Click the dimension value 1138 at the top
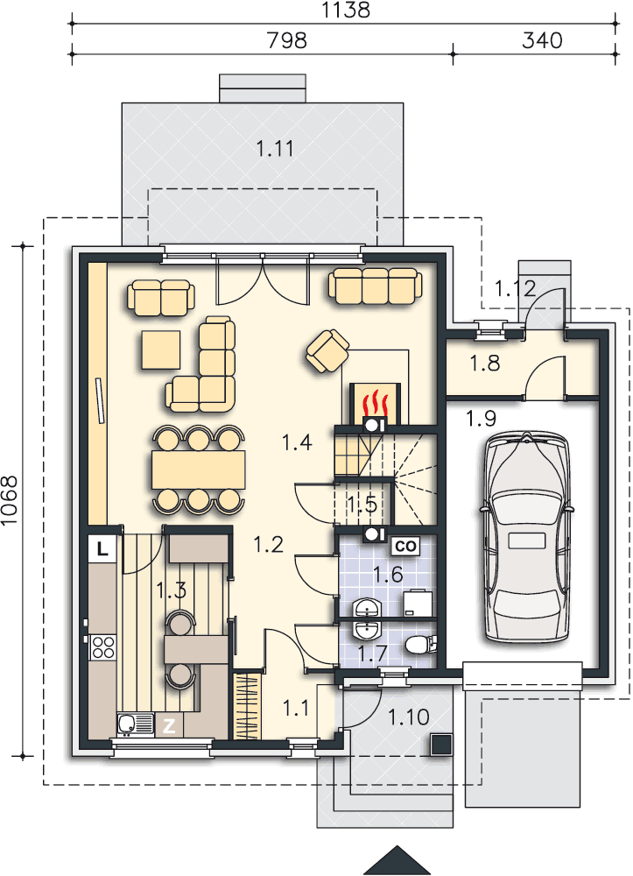click(346, 10)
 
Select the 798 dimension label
click(287, 40)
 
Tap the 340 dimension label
click(542, 40)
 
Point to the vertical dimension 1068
click(10, 500)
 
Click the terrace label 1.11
click(275, 149)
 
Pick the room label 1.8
click(484, 364)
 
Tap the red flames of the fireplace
click(374, 402)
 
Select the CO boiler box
click(406, 546)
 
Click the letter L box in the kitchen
click(102, 548)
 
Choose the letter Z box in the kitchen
click(169, 725)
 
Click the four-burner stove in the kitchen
click(103, 648)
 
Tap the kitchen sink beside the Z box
click(136, 724)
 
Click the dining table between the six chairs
click(199, 470)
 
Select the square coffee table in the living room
click(161, 350)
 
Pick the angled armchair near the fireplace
click(327, 350)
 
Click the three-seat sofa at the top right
click(375, 286)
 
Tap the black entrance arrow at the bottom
click(397, 860)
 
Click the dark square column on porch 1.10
click(440, 745)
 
